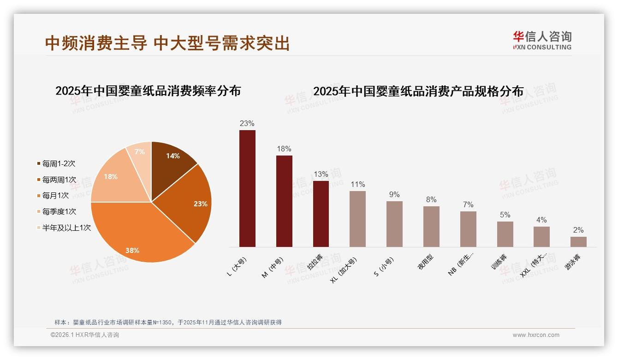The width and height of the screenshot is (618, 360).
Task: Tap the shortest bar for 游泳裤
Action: (x=578, y=242)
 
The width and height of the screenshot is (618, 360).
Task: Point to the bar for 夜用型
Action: (x=431, y=227)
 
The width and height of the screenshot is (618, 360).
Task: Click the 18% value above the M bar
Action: (x=284, y=149)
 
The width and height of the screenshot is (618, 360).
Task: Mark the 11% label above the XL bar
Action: (x=357, y=185)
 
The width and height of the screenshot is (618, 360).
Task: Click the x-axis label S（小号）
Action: (x=384, y=267)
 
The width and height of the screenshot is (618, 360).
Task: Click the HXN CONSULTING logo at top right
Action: (x=542, y=41)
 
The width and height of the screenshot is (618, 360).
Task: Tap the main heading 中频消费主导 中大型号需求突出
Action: (x=167, y=43)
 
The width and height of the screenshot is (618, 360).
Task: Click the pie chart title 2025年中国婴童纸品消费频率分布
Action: (x=148, y=90)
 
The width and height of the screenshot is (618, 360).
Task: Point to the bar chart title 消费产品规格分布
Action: (x=418, y=91)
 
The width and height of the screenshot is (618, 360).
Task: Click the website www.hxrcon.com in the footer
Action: (x=536, y=335)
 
